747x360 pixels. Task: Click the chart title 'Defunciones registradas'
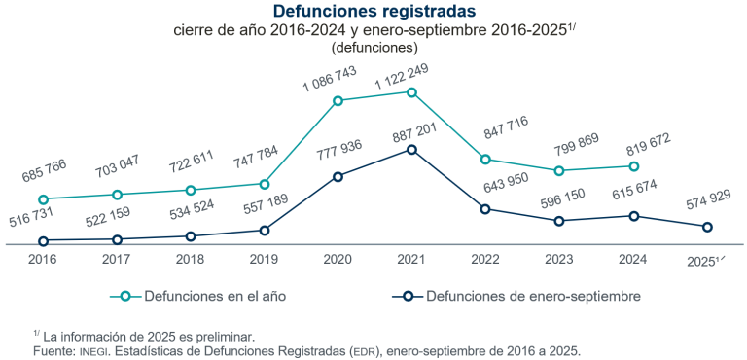click(374, 12)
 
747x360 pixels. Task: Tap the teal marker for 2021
click(411, 92)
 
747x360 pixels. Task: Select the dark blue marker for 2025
click(707, 227)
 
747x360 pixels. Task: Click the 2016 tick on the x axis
click(43, 260)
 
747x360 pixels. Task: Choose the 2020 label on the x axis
click(338, 260)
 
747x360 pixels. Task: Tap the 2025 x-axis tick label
click(705, 260)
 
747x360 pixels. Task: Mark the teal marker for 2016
click(43, 199)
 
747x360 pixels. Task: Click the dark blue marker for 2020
click(338, 176)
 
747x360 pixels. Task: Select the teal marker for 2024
click(633, 166)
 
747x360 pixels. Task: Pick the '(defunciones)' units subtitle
click(374, 46)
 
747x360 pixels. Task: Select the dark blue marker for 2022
click(485, 209)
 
